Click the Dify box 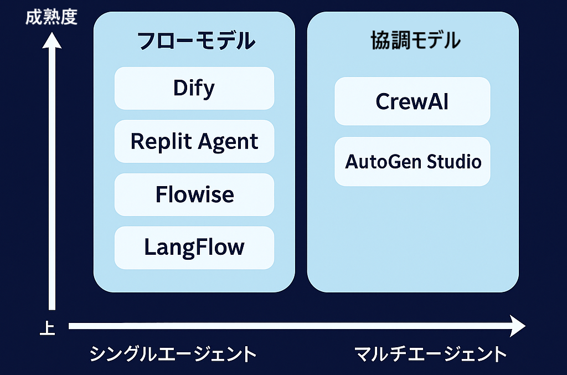[194, 88]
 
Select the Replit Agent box [194, 141]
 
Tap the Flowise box [194, 194]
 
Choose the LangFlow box [194, 248]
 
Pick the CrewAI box [412, 101]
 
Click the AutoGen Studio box [412, 162]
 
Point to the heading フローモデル [196, 40]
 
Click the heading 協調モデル [416, 40]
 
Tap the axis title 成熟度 [51, 17]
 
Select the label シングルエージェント [173, 353]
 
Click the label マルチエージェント [430, 353]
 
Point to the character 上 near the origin [48, 328]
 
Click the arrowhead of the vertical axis [51, 40]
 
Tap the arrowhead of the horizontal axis [517, 326]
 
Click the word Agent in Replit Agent [228, 142]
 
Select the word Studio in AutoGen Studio [454, 162]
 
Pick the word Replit [161, 141]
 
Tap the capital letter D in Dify [180, 88]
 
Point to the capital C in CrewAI [383, 101]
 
